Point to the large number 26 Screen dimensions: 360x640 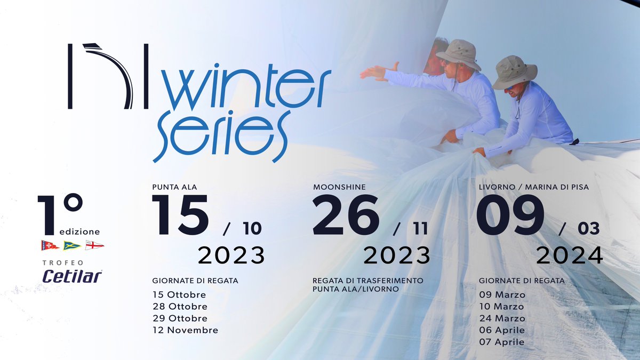(346, 215)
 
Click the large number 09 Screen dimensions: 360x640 (510, 215)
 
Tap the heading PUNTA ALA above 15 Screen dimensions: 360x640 (174, 187)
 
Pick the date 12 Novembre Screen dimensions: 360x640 (185, 330)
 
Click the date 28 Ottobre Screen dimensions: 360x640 (180, 306)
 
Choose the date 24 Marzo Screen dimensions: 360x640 (502, 318)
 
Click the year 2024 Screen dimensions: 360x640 (569, 255)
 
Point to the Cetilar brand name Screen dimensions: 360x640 (72, 276)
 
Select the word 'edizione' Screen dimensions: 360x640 (78, 231)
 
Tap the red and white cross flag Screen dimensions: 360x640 (94, 245)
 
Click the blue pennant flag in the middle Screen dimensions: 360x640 (72, 245)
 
